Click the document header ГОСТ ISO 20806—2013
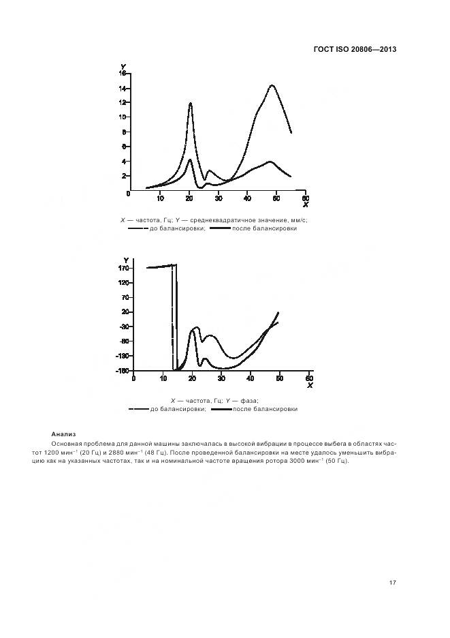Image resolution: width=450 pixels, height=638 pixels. tap(354, 49)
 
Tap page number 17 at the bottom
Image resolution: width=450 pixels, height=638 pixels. tap(393, 583)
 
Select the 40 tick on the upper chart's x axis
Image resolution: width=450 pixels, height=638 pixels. tap(248, 198)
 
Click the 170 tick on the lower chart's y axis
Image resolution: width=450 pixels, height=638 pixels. tap(123, 269)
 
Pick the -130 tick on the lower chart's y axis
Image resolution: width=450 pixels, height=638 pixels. tap(122, 356)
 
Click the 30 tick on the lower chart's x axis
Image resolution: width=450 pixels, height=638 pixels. tap(221, 378)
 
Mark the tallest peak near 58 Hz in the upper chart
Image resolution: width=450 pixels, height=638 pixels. tap(272, 86)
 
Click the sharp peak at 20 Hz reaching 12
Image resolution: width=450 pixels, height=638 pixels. tap(191, 104)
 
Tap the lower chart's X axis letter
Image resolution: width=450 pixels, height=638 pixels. tap(309, 386)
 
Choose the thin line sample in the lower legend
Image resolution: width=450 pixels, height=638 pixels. tap(139, 409)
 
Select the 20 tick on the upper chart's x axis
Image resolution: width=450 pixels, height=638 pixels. tap(189, 198)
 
